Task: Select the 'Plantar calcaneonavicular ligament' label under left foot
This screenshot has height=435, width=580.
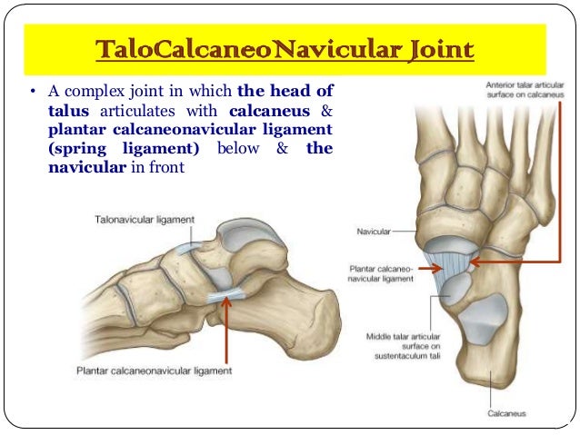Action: tap(155, 371)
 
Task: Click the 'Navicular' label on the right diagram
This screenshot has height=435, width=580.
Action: tap(372, 232)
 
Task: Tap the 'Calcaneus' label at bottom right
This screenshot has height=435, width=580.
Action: tap(506, 414)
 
